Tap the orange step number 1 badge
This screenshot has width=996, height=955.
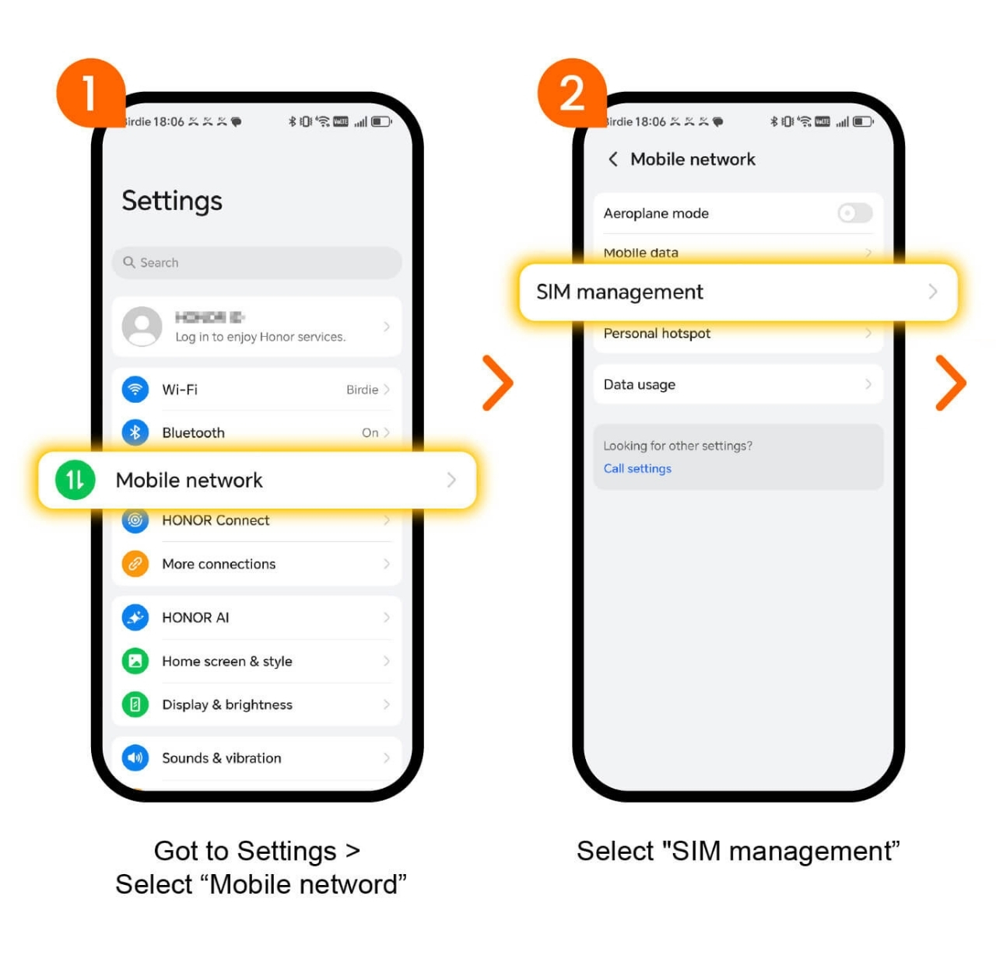pyautogui.click(x=90, y=93)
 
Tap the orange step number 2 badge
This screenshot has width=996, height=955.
pyautogui.click(x=572, y=93)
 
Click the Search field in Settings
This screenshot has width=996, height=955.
pyautogui.click(x=257, y=263)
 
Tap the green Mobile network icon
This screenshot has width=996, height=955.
pyautogui.click(x=75, y=480)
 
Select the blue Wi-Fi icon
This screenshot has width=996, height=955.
pyautogui.click(x=135, y=389)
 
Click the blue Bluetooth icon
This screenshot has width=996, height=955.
pyautogui.click(x=135, y=432)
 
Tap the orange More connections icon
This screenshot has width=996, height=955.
pyautogui.click(x=135, y=564)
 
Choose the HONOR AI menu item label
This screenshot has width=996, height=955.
pyautogui.click(x=195, y=617)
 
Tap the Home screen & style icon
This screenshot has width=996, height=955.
pyautogui.click(x=135, y=661)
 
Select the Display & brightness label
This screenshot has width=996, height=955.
pyautogui.click(x=227, y=705)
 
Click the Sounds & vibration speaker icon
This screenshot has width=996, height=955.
pyautogui.click(x=135, y=757)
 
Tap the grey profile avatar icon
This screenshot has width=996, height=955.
pyautogui.click(x=142, y=327)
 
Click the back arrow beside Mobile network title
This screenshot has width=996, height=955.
pyautogui.click(x=613, y=159)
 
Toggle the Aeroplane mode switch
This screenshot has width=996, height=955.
pyautogui.click(x=854, y=213)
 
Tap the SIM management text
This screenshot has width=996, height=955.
pyautogui.click(x=619, y=292)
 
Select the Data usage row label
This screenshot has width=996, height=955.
pyautogui.click(x=640, y=384)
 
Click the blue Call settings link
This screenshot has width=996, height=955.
pyautogui.click(x=637, y=468)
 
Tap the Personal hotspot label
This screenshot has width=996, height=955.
pyautogui.click(x=657, y=334)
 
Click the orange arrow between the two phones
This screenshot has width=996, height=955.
pyautogui.click(x=498, y=383)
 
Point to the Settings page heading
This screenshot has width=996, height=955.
pyautogui.click(x=172, y=201)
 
